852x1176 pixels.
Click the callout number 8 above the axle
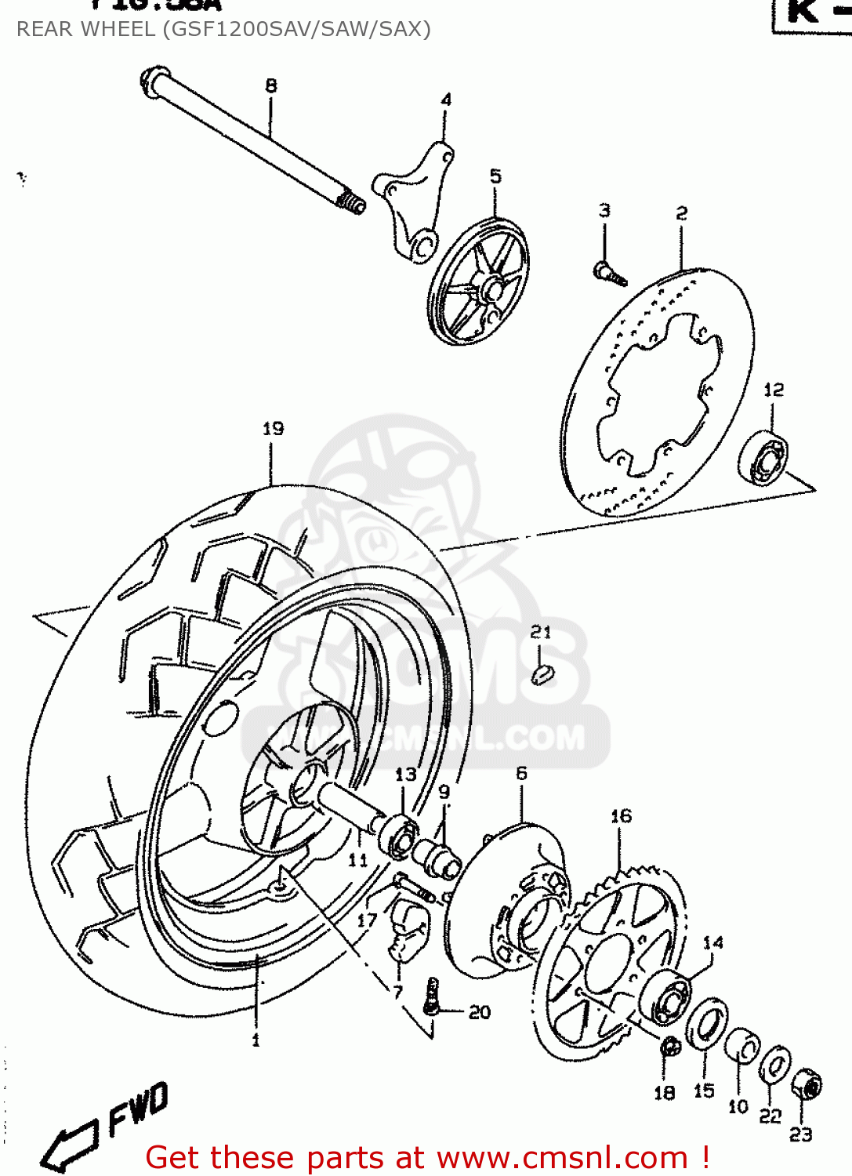point(270,85)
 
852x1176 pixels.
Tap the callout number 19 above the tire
point(273,428)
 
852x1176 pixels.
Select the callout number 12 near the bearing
point(773,390)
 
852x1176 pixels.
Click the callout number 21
point(541,632)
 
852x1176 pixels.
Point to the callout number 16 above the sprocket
point(621,816)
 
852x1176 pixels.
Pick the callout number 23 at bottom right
point(800,1134)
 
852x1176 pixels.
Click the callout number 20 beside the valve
point(480,1012)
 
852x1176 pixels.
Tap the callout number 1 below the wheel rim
point(256,1040)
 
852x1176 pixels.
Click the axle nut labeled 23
point(806,1085)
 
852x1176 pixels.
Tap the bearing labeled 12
point(763,458)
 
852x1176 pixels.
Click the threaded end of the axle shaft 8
point(351,203)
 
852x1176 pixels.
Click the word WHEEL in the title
point(120,29)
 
